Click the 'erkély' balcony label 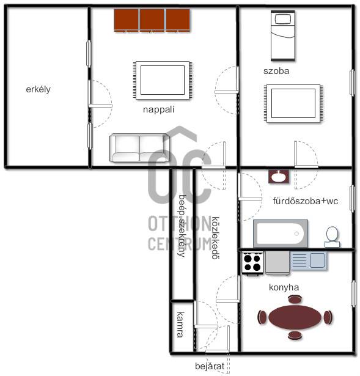tap(38, 89)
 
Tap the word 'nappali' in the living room tap(158, 109)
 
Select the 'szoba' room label tap(276, 71)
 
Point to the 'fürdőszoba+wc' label tap(306, 201)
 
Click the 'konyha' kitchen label tap(284, 287)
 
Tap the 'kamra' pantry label tap(181, 325)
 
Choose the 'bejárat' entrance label tap(210, 366)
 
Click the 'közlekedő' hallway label tap(215, 238)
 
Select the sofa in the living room tap(139, 147)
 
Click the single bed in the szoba tap(283, 35)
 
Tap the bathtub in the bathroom tap(281, 234)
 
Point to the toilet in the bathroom tap(332, 237)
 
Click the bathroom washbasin tap(279, 177)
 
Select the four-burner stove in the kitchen tap(252, 263)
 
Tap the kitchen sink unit tap(309, 260)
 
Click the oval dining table tap(295, 317)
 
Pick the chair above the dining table tap(295, 300)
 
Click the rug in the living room tap(163, 80)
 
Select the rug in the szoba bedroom tap(293, 103)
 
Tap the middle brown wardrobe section tap(152, 20)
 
